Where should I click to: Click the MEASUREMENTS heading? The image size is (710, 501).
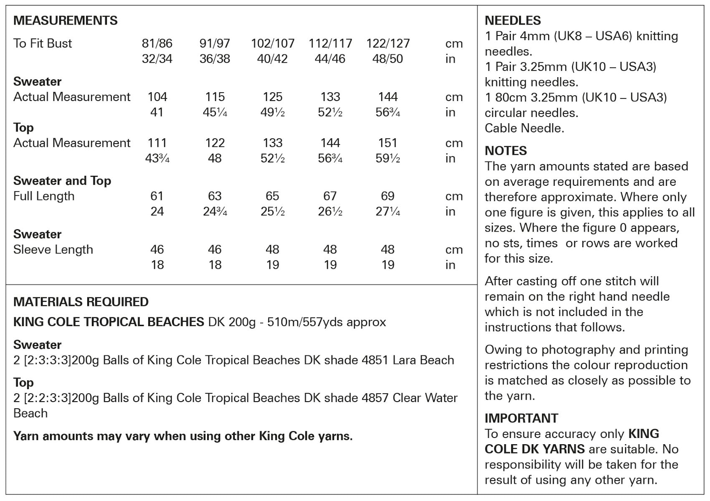[65, 20]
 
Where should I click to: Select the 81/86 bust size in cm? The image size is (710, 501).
[157, 43]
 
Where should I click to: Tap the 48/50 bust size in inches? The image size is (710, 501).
[388, 59]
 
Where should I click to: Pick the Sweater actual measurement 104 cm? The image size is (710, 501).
[157, 97]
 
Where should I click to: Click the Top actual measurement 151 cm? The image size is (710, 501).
[388, 143]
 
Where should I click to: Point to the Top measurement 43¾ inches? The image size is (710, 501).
[157, 158]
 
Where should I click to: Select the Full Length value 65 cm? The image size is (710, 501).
[272, 196]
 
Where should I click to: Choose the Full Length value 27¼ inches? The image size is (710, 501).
[388, 211]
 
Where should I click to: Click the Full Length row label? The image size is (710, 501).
[44, 196]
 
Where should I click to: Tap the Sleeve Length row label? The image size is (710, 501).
[53, 249]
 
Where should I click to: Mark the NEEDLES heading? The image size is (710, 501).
[512, 20]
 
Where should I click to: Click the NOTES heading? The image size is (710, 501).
[506, 151]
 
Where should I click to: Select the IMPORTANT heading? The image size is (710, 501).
[521, 418]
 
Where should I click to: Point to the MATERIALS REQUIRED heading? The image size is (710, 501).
[81, 302]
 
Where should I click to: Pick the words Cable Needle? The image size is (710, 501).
[524, 128]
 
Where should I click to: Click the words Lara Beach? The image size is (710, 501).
[423, 360]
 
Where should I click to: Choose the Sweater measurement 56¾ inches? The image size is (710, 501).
[388, 112]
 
